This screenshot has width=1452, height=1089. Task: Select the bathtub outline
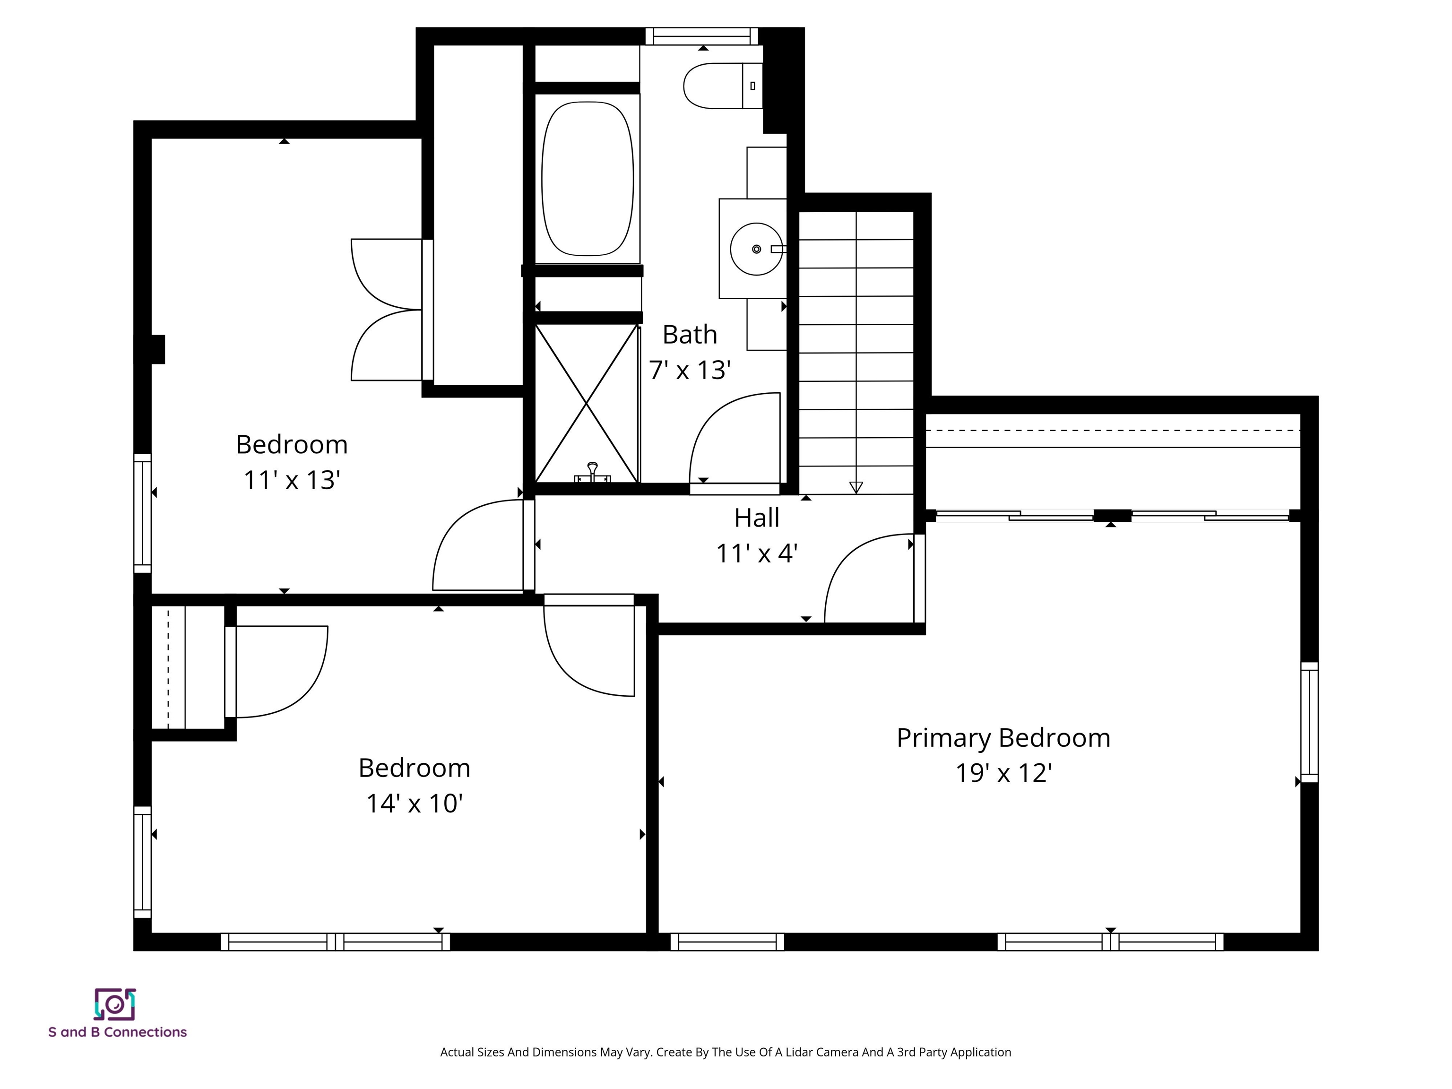click(588, 179)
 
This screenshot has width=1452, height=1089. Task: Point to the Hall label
click(756, 518)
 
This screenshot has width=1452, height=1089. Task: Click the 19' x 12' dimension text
click(1003, 773)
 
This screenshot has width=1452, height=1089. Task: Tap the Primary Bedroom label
click(1003, 738)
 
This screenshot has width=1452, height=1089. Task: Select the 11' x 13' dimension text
click(292, 480)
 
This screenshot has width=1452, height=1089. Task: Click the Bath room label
click(689, 335)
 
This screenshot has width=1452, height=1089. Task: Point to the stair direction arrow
click(856, 486)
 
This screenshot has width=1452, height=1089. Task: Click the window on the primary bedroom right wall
click(1309, 722)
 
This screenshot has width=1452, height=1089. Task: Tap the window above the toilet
click(702, 36)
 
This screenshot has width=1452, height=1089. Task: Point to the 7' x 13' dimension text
click(689, 370)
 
